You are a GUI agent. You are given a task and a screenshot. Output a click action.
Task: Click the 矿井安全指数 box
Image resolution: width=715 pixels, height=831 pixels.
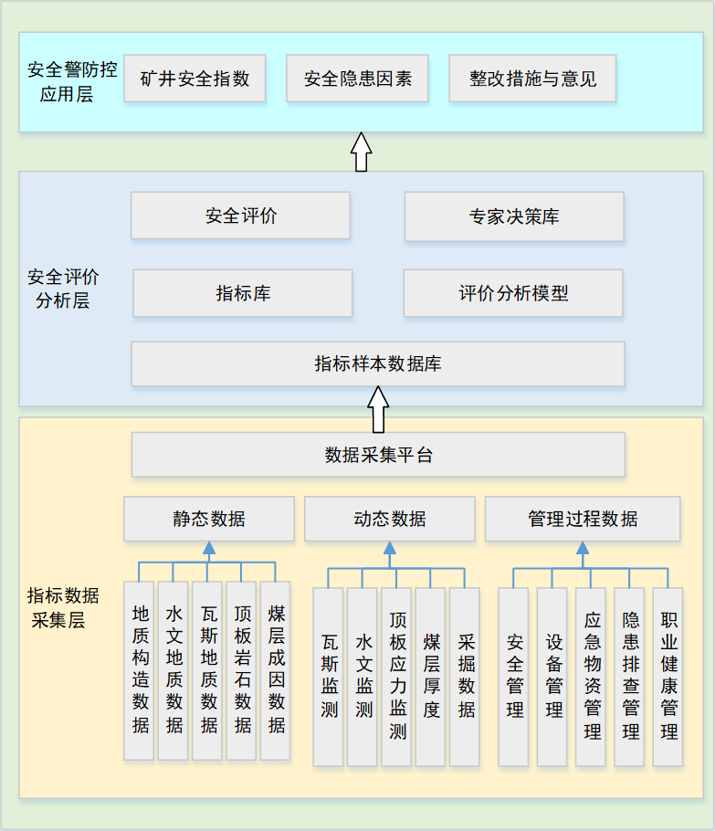[195, 79]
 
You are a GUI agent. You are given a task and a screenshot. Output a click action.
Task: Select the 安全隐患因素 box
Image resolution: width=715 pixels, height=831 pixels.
[357, 79]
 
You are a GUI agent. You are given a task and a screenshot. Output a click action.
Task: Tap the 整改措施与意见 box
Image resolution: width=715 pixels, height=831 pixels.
[532, 79]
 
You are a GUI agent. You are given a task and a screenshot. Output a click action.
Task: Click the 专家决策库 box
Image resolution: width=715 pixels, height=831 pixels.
[514, 216]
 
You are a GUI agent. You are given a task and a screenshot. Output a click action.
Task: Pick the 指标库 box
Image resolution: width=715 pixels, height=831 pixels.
[243, 293]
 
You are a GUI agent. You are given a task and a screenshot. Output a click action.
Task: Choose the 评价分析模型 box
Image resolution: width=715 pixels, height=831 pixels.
[513, 293]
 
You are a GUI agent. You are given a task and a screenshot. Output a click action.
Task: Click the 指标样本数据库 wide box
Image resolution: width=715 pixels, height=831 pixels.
[378, 363]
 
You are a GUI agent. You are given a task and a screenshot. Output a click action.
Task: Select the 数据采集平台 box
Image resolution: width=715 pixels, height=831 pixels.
[378, 455]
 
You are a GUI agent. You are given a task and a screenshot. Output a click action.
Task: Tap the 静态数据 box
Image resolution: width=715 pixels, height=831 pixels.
[209, 519]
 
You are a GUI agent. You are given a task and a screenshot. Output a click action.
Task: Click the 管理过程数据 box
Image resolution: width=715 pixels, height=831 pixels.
[583, 519]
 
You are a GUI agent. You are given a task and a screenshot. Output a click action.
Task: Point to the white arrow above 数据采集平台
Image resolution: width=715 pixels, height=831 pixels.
[378, 410]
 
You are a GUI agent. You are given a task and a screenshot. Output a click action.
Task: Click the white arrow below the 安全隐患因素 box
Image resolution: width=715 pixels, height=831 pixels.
[361, 152]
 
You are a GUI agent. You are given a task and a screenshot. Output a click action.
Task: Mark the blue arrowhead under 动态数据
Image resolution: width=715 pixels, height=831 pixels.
[390, 548]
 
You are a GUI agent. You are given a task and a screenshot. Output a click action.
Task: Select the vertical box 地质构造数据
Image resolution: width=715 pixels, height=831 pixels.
[140, 670]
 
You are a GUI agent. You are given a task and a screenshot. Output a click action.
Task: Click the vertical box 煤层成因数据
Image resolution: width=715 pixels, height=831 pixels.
[276, 670]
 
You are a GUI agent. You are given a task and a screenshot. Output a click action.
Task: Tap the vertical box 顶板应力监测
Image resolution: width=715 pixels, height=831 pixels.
[397, 676]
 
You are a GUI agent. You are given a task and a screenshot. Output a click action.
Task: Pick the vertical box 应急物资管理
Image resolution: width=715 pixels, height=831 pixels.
[592, 676]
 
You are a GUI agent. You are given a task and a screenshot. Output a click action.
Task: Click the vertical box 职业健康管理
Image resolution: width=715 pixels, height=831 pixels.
[668, 676]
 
